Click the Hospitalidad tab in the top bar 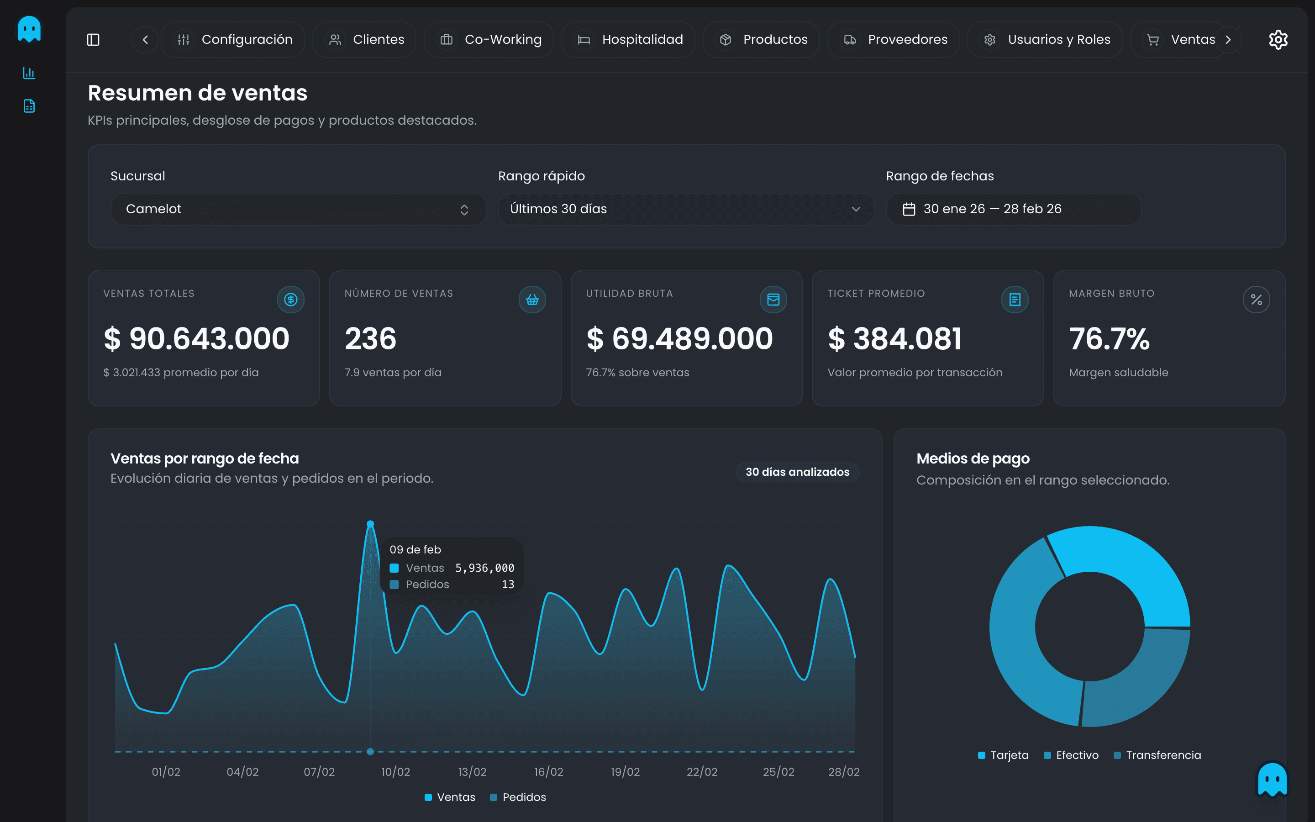click(629, 40)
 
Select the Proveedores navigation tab click(894, 40)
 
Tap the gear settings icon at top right click(1278, 40)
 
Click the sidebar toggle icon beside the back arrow click(93, 40)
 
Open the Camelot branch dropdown click(298, 209)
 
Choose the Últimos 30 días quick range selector click(686, 209)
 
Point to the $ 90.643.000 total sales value click(196, 339)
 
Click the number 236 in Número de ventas click(371, 339)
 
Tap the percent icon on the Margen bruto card click(1256, 300)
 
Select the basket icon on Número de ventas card click(532, 300)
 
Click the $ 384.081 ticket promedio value click(894, 339)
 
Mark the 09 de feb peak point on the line click(370, 524)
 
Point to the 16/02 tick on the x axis click(548, 771)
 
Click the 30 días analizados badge click(797, 472)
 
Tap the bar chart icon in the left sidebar click(29, 73)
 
